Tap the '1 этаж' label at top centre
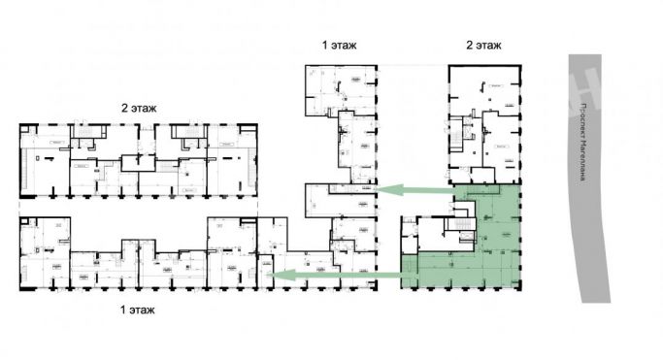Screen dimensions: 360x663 (x=339, y=46)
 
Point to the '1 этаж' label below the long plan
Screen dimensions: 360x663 (x=136, y=311)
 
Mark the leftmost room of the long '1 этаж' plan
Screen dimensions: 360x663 (x=44, y=252)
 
